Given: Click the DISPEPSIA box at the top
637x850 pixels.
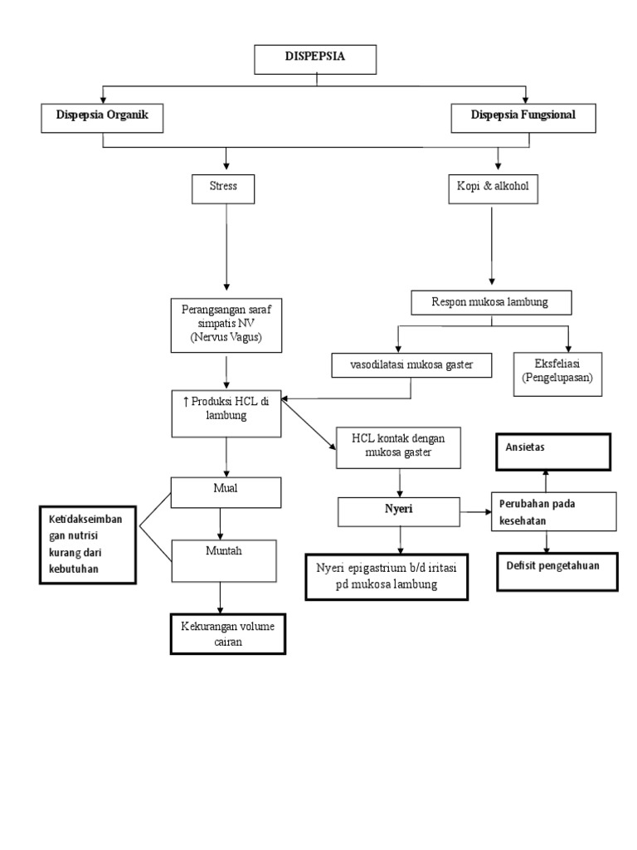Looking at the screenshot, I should [314, 60].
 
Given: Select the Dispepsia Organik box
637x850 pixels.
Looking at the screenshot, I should [102, 117].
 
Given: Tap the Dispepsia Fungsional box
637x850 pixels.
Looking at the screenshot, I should [523, 117].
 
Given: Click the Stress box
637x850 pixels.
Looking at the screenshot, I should [223, 188].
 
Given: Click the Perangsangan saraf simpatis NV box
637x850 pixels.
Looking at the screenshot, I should [226, 325].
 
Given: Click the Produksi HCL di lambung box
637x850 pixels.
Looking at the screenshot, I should [226, 413].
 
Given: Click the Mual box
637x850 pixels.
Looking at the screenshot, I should [226, 491].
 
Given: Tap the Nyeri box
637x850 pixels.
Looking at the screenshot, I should [399, 511].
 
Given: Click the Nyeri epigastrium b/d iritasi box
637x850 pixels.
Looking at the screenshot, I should [387, 576].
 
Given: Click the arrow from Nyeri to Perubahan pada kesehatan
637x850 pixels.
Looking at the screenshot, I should [475, 511].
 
